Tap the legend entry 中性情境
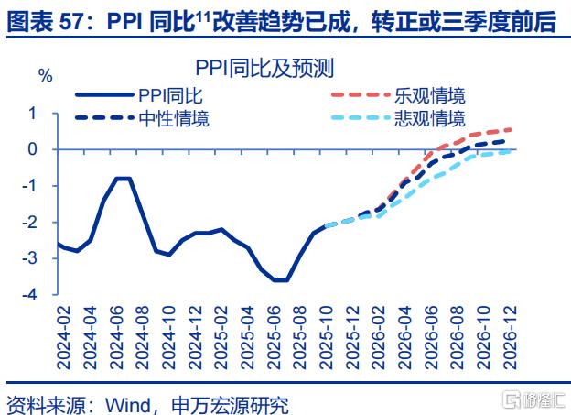coord(174,118)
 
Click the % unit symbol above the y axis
coord(45,75)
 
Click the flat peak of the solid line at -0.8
coord(124,178)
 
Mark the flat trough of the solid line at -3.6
coord(281,280)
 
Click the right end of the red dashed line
coord(511,129)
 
